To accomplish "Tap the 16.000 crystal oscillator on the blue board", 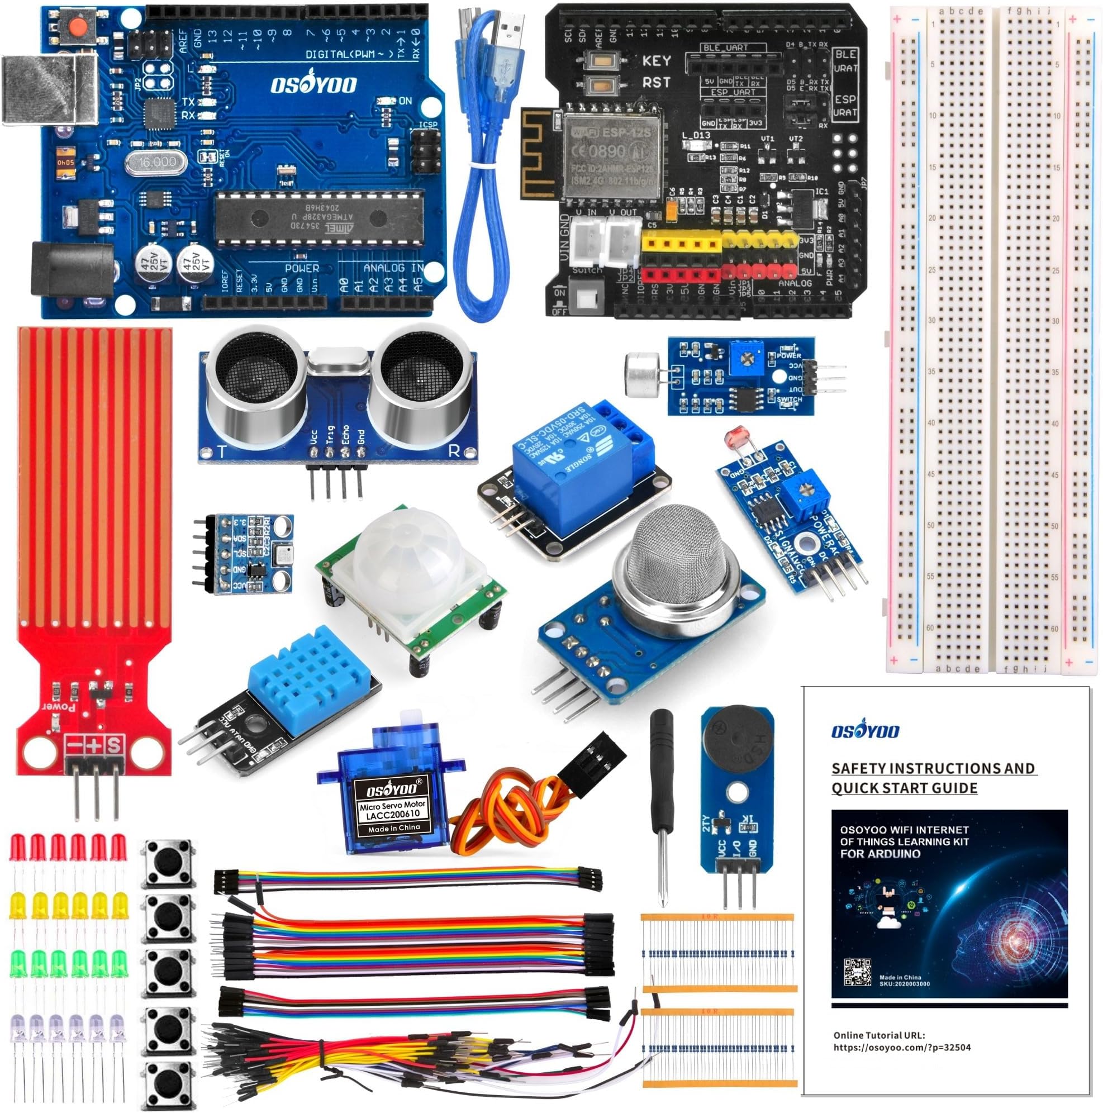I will (156, 163).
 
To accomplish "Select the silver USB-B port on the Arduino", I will (49, 89).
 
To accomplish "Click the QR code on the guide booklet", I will (857, 972).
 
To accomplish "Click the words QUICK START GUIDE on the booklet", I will (904, 788).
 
